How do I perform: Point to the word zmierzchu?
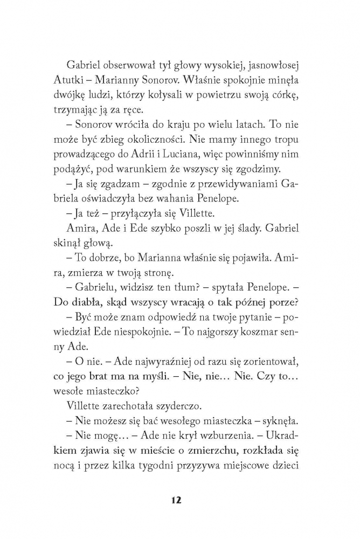point(209,453)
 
